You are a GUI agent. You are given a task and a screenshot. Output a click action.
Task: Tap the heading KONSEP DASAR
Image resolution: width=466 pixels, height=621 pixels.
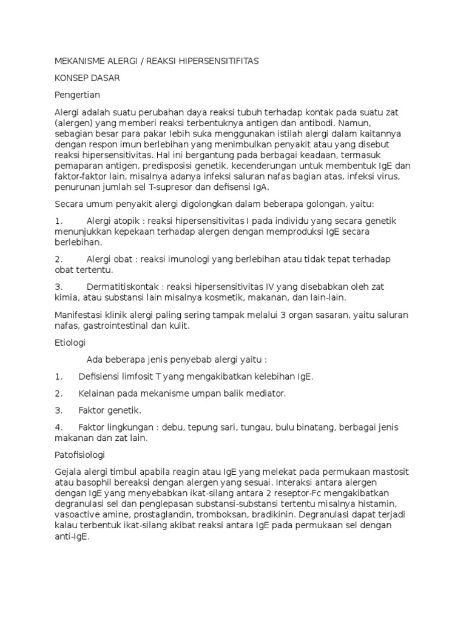[87, 78]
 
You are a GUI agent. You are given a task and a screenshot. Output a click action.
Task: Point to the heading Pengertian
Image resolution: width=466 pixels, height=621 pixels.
[77, 95]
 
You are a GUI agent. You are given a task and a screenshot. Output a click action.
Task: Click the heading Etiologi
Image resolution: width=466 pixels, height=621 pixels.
[70, 343]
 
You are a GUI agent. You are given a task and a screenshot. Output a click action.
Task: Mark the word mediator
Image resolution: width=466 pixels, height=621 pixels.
[261, 394]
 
